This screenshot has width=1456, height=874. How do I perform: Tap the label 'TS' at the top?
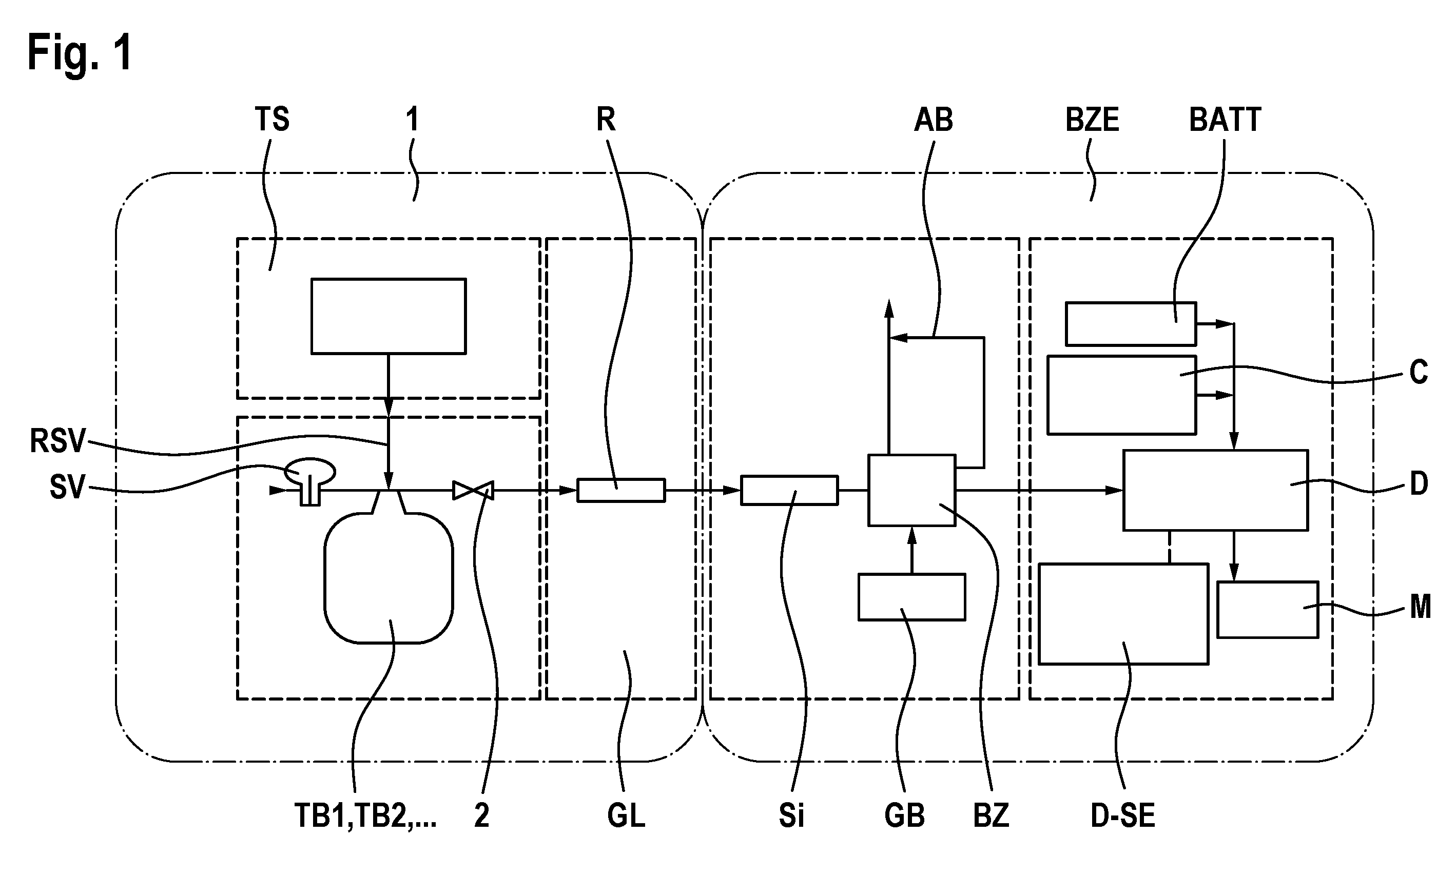[272, 119]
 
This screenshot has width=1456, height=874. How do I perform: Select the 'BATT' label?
[1225, 120]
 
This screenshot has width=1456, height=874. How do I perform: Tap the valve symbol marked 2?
[473, 490]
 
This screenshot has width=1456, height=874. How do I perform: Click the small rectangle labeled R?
[620, 490]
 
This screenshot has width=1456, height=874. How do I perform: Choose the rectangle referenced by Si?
[789, 490]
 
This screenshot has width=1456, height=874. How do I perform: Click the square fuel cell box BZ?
[911, 490]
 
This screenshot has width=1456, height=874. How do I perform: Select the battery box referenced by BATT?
[1131, 324]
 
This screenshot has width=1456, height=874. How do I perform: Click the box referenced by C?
[1121, 395]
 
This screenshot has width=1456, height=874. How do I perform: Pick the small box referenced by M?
[1268, 610]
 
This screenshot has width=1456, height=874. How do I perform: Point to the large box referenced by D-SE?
[1123, 614]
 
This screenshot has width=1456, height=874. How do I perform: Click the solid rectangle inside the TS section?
[389, 316]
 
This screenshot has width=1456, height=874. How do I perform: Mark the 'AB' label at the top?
[933, 120]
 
